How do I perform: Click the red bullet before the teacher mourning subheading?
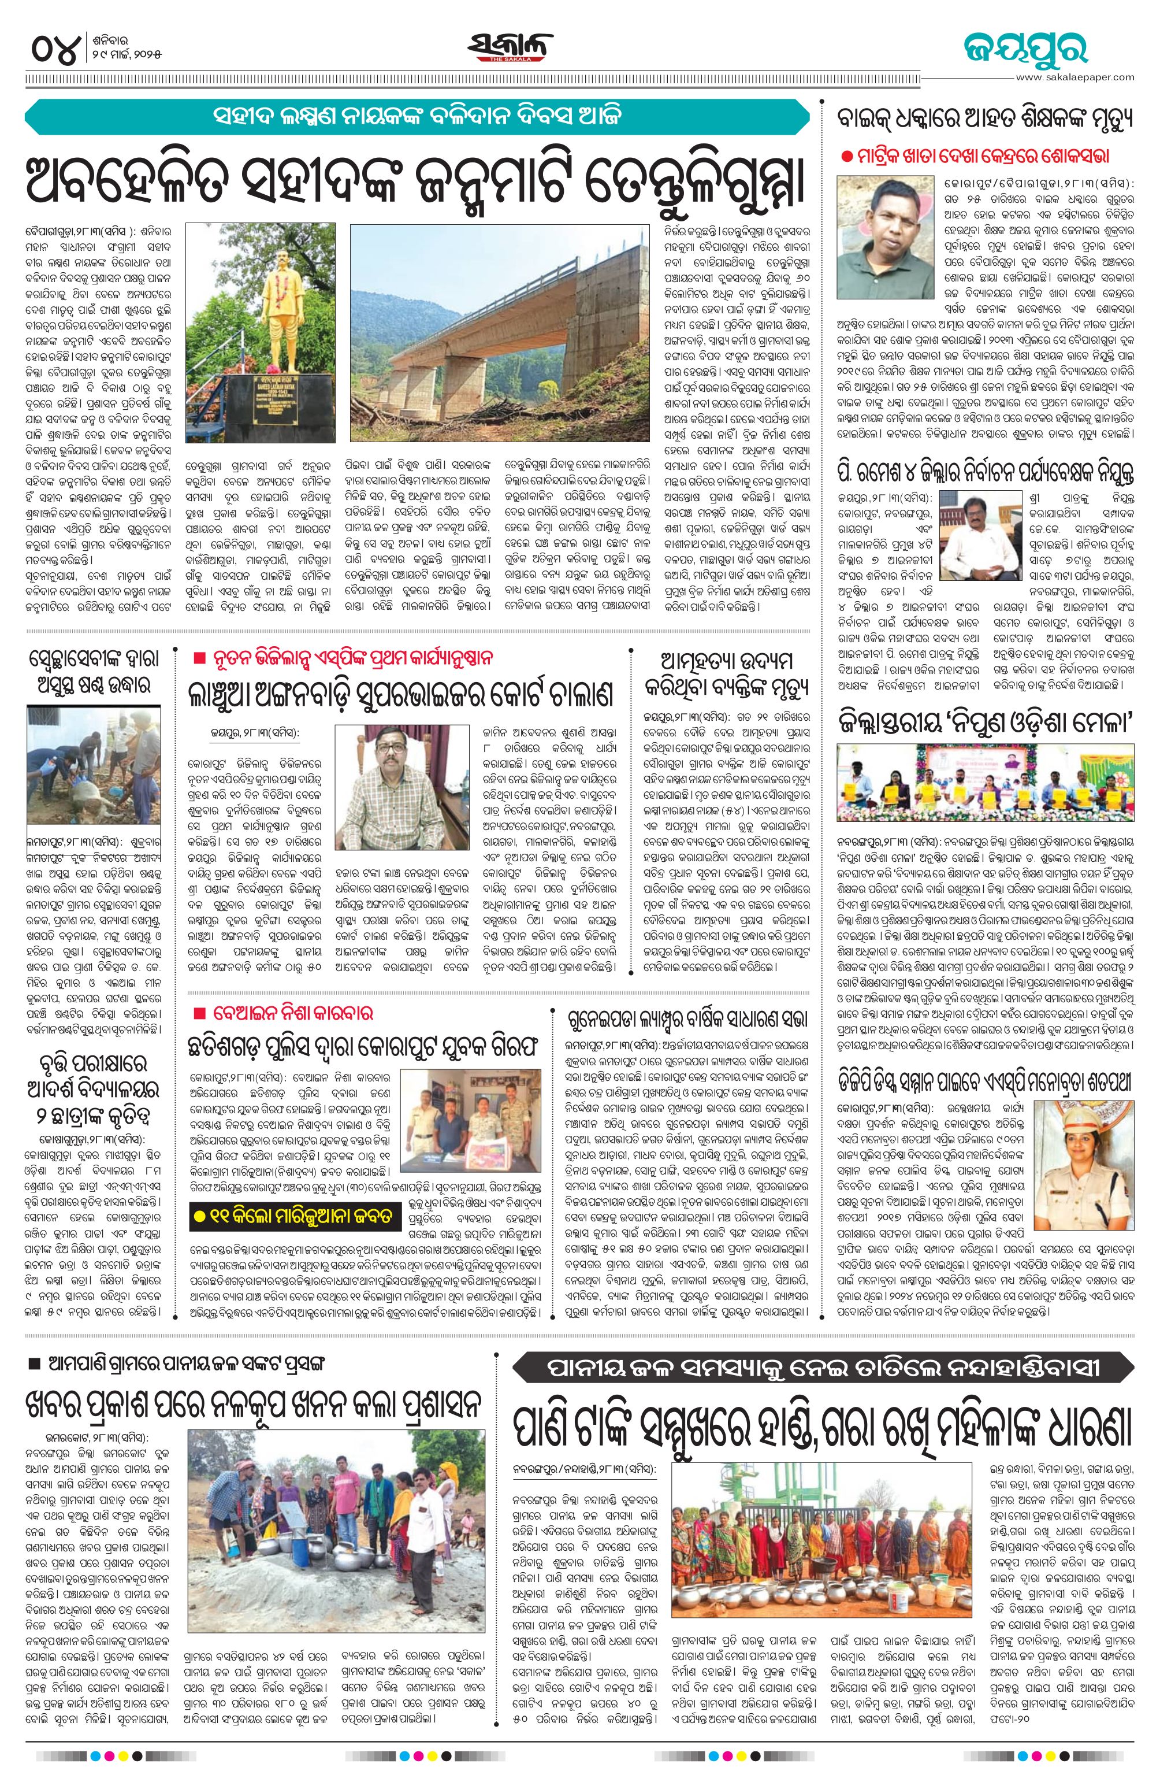click(846, 157)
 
